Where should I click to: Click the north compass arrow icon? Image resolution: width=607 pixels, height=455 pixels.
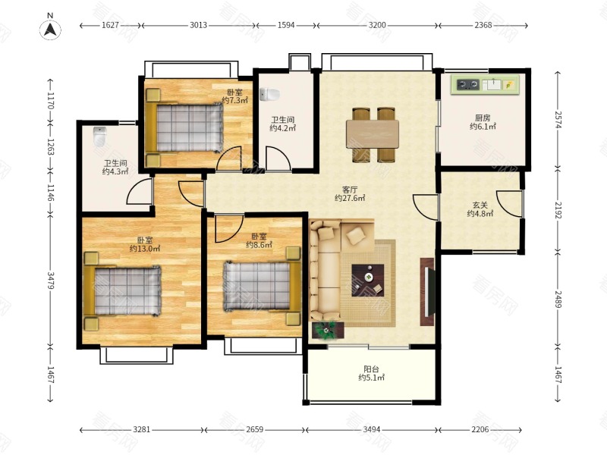[50, 30]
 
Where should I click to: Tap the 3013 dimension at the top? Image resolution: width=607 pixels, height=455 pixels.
[198, 25]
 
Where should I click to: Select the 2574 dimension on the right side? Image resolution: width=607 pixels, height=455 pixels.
[558, 120]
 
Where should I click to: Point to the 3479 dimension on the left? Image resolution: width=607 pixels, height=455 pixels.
[51, 280]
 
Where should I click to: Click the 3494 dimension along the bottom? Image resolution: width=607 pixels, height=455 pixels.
[371, 429]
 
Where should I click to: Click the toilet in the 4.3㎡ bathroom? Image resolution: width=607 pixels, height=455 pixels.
[99, 136]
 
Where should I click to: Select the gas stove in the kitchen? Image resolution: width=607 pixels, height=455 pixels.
[467, 84]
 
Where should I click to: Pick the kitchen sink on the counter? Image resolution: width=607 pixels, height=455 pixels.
[492, 84]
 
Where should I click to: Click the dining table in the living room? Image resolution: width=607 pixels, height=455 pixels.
[373, 134]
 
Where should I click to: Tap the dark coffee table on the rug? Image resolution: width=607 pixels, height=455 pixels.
[368, 281]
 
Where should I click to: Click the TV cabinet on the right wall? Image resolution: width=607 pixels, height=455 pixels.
[427, 291]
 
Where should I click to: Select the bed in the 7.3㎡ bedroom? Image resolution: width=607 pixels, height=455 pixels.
[184, 127]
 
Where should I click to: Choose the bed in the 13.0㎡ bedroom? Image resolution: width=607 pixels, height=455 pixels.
[122, 291]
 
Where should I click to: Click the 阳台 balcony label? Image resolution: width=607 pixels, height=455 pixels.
[371, 369]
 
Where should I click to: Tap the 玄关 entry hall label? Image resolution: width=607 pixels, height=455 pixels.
[480, 206]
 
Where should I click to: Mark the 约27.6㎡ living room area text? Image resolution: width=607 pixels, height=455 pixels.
[350, 198]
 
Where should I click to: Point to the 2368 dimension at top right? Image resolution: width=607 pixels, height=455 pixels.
[483, 25]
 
